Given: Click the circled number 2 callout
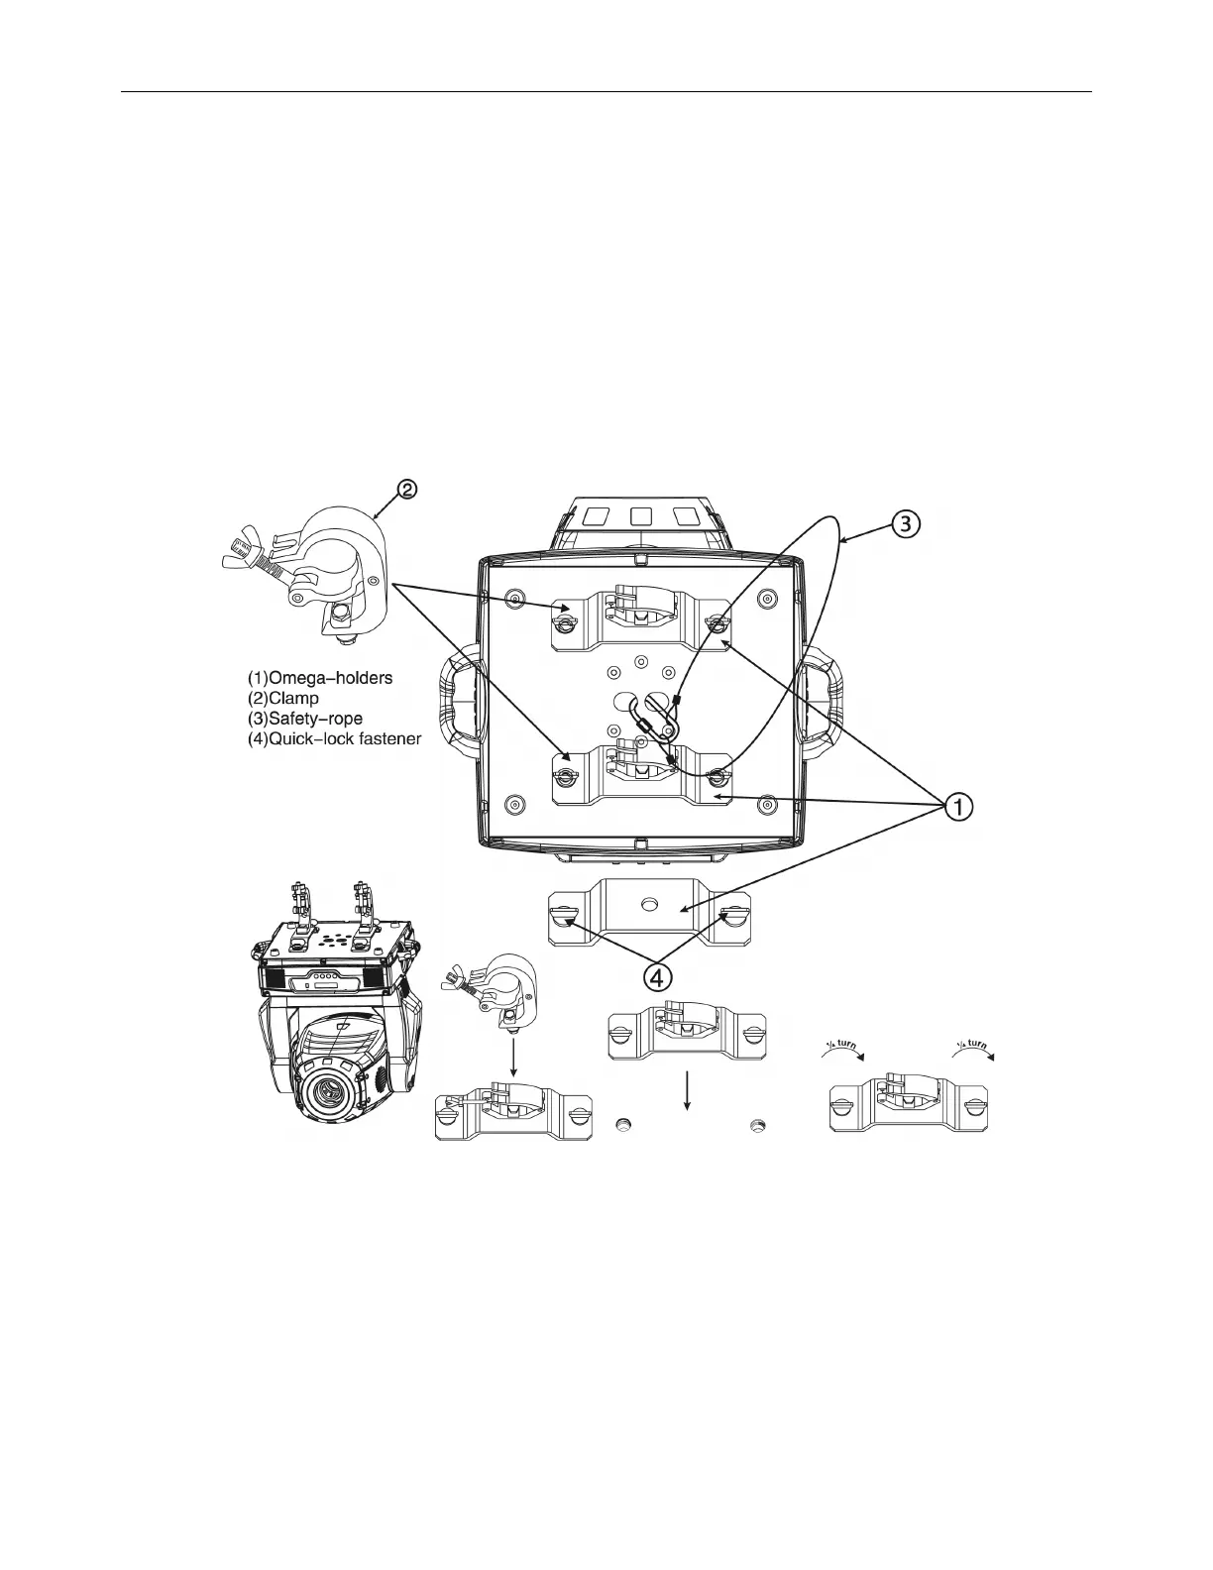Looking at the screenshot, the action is tap(407, 490).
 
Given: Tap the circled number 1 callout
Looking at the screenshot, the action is tap(958, 807).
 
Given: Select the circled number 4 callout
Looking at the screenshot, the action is tap(657, 979).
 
